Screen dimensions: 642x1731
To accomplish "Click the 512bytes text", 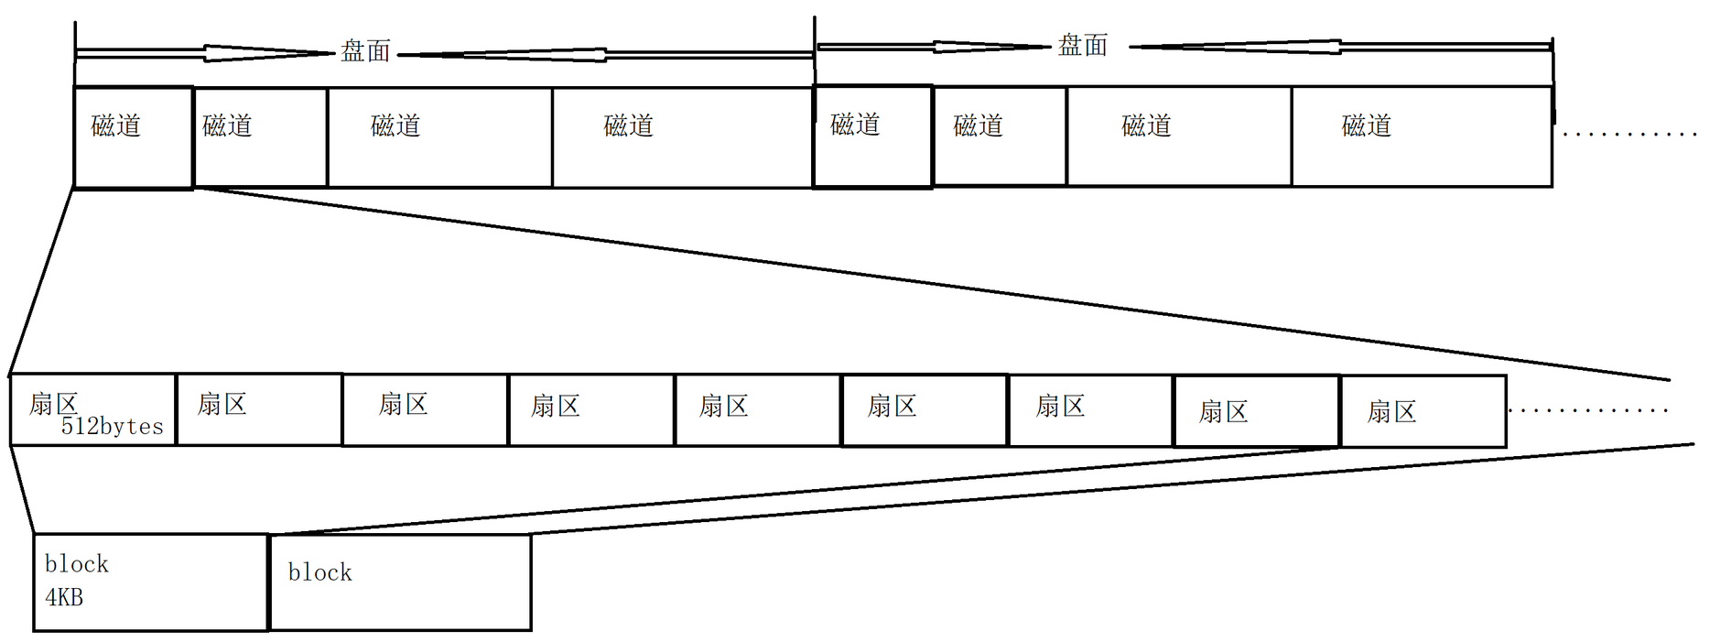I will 112,427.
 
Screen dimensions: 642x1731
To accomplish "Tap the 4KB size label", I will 64,598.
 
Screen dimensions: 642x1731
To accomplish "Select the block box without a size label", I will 401,582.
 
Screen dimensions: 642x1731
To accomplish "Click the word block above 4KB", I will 77,564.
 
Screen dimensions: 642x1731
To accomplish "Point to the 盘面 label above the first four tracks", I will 366,51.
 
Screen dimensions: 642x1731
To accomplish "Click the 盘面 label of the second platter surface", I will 1083,45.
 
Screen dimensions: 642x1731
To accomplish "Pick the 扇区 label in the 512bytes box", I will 53,403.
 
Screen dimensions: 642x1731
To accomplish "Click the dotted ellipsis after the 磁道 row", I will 1629,135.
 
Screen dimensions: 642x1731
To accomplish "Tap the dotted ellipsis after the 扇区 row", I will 1588,410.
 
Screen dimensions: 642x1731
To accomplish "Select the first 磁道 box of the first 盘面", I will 134,137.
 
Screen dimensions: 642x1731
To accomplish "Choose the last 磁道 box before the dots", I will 1422,137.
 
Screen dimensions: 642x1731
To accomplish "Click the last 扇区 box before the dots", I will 1423,411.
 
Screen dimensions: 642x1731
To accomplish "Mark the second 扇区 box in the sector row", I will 259,409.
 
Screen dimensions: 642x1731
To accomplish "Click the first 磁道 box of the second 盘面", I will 872,137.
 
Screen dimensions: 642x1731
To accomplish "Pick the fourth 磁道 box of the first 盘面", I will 683,137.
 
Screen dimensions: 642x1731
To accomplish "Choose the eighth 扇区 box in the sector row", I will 1256,411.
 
